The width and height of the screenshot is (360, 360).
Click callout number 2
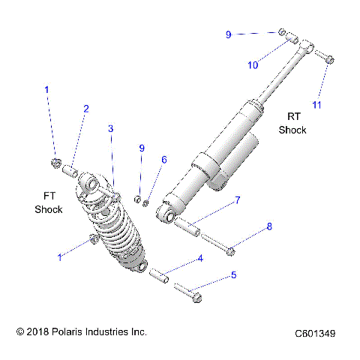click(85, 109)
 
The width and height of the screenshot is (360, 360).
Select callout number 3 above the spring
click(110, 129)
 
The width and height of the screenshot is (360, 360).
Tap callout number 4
click(200, 259)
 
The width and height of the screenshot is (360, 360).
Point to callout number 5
click(233, 275)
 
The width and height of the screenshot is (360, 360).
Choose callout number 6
click(164, 160)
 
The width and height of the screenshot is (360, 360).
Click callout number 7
click(237, 200)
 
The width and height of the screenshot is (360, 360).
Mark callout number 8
click(269, 226)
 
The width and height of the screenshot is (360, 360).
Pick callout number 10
click(253, 65)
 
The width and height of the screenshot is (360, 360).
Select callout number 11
click(316, 105)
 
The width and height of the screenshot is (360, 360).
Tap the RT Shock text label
click(292, 123)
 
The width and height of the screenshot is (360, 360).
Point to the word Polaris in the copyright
click(69, 331)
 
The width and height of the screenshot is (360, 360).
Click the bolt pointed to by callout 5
click(187, 292)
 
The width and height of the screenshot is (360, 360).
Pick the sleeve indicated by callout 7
click(188, 226)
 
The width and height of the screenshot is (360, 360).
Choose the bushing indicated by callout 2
click(69, 169)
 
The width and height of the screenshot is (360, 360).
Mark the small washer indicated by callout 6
click(148, 199)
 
